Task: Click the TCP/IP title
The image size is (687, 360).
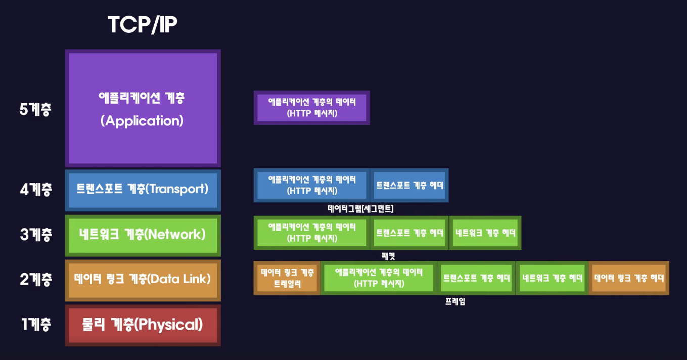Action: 143,25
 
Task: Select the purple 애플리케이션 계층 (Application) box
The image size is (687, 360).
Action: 143,108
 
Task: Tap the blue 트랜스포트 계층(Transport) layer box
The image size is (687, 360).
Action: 143,190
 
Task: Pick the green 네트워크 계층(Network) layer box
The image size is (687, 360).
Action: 143,235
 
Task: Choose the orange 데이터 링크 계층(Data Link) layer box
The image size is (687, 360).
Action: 143,279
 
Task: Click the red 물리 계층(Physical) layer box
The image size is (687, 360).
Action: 143,325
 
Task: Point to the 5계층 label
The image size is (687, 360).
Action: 35,109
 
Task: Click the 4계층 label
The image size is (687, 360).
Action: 35,190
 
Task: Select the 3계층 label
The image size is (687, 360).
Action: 35,235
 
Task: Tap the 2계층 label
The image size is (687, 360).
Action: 35,279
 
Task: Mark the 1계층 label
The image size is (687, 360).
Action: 35,325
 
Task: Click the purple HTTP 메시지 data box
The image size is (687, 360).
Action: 311,108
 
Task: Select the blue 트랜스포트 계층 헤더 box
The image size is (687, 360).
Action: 409,185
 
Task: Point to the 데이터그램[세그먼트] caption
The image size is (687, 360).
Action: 360,208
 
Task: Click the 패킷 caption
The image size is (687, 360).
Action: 388,256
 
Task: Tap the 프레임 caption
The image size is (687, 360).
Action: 455,302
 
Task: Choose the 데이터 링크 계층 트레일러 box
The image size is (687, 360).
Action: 287,278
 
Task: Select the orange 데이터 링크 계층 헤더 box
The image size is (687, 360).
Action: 629,278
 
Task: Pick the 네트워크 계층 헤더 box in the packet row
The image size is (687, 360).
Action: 485,233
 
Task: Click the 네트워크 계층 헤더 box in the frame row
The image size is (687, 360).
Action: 552,278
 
